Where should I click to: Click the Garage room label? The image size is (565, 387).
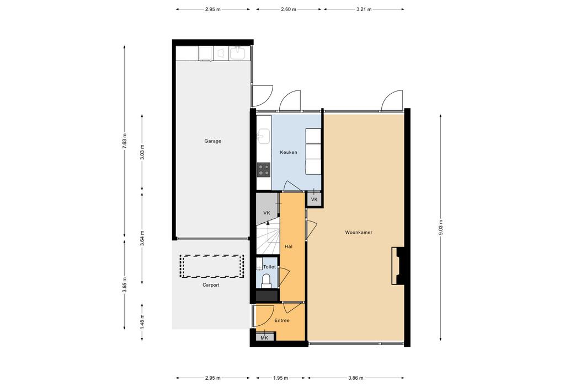(212, 141)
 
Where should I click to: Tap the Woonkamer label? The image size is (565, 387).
(359, 233)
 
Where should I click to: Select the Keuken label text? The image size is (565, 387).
(289, 152)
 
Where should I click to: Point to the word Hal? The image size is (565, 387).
(288, 246)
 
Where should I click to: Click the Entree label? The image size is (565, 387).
(282, 320)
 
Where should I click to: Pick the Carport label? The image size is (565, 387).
(211, 285)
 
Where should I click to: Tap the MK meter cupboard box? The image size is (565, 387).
(264, 337)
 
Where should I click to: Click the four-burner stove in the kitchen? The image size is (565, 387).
(263, 170)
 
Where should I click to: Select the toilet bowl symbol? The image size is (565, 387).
(266, 281)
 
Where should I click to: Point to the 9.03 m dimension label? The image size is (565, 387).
(440, 228)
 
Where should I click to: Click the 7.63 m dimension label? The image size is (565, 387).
(124, 141)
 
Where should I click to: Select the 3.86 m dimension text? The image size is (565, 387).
(356, 378)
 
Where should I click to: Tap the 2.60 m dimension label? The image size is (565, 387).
(289, 9)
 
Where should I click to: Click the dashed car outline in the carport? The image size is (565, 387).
(212, 266)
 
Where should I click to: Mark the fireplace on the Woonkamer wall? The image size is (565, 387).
(398, 266)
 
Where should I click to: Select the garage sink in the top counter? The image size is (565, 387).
(237, 53)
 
